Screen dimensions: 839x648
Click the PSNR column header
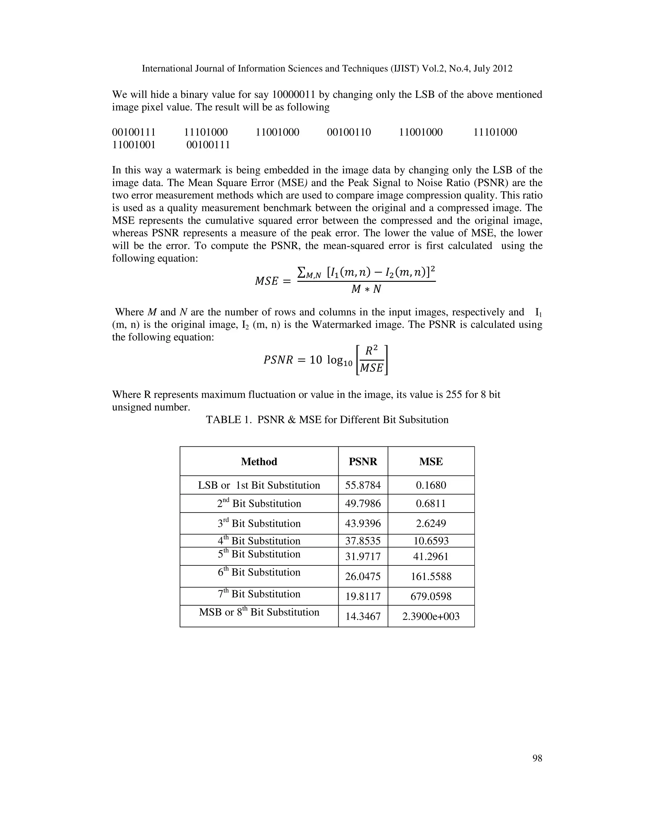[363, 461]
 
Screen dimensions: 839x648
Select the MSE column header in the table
[431, 461]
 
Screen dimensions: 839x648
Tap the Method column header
[259, 461]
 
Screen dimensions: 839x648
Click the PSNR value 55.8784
[363, 485]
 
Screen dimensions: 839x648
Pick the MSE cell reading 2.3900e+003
[431, 616]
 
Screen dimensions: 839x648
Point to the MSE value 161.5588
[431, 577]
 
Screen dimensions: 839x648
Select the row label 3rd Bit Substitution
[259, 523]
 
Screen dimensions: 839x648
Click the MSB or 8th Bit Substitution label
[259, 612]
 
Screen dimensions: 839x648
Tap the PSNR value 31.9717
[363, 557]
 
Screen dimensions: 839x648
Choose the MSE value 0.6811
[431, 504]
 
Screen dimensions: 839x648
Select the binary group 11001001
[134, 145]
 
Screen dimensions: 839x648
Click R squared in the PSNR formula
[371, 351]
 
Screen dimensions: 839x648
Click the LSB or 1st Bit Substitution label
[259, 485]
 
